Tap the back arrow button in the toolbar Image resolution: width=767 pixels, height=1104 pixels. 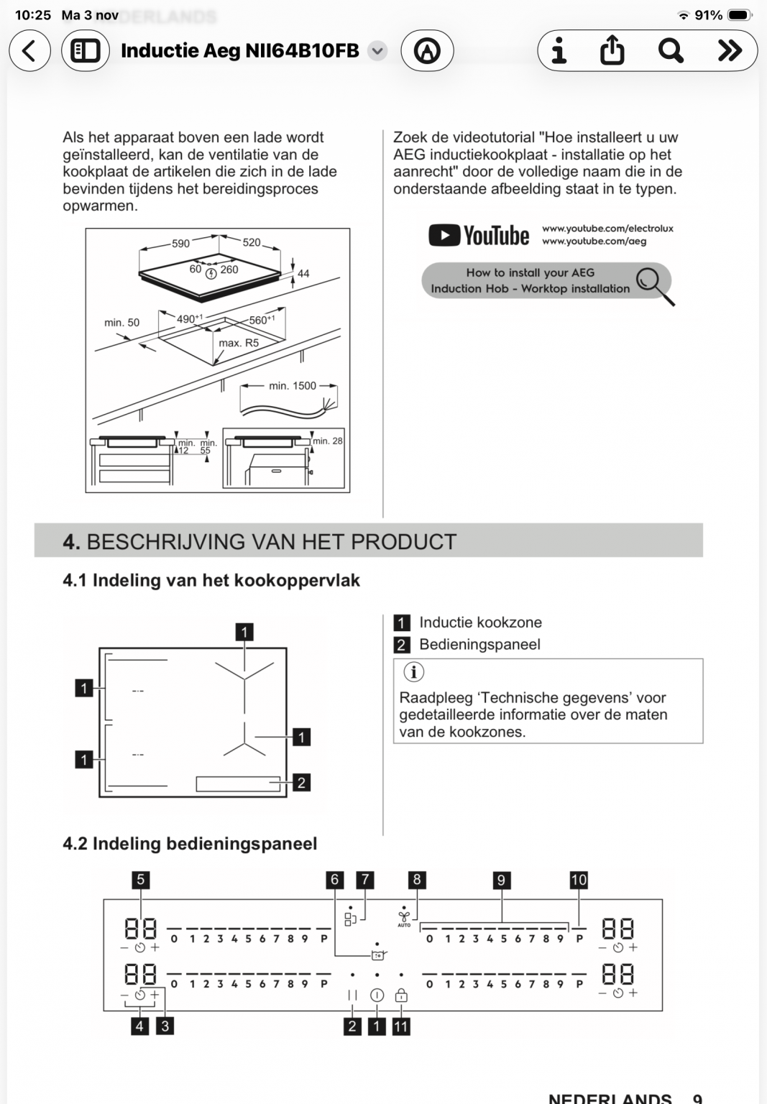29,51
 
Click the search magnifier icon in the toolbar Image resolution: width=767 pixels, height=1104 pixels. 670,51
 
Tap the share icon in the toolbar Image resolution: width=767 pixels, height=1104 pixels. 612,51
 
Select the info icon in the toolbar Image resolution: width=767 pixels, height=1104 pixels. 559,51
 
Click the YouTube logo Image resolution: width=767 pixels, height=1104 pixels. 479,236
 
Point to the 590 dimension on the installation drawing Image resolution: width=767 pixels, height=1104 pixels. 180,244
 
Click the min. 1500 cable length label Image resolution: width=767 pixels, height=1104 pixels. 293,386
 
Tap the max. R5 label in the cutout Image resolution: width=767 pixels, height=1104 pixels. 239,343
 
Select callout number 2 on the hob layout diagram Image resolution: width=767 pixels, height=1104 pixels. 302,782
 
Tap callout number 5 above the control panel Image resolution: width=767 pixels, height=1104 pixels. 140,880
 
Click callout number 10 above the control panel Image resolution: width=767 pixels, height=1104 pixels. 579,880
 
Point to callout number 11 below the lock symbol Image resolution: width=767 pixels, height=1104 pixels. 401,1026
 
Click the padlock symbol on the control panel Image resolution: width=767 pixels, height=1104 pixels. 401,995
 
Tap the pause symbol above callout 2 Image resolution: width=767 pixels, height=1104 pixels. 352,995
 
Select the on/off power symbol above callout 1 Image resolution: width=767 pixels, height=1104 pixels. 377,995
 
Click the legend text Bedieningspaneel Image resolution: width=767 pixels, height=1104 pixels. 479,645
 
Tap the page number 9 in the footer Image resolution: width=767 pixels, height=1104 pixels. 697,1098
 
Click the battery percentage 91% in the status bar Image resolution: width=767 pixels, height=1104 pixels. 708,15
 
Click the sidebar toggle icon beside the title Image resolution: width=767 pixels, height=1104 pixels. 86,51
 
